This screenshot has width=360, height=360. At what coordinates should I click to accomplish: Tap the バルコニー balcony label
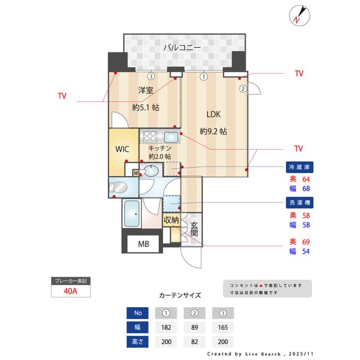click(182, 48)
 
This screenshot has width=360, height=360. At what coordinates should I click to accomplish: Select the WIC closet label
click(123, 150)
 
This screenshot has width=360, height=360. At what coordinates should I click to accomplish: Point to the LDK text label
click(213, 114)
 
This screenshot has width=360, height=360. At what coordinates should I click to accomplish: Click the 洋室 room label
click(146, 90)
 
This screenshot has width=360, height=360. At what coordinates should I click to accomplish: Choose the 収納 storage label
click(172, 220)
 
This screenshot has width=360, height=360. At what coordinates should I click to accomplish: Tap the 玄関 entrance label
click(194, 229)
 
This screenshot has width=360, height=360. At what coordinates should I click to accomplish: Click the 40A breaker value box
click(69, 291)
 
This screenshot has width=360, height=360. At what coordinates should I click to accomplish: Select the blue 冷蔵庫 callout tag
click(300, 167)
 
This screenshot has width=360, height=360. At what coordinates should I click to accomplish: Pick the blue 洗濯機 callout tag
click(300, 202)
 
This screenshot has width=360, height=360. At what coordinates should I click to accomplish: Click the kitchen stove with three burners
click(150, 136)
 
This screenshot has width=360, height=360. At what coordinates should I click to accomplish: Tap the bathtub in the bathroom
click(133, 214)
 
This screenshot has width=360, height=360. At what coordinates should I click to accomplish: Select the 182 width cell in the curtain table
click(166, 327)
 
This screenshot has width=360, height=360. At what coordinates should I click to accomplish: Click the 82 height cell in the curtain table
click(194, 341)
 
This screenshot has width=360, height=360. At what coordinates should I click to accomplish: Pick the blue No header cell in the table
click(138, 313)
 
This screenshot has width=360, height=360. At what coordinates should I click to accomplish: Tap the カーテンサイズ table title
click(180, 295)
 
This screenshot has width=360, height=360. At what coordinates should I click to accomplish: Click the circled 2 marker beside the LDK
click(243, 88)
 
